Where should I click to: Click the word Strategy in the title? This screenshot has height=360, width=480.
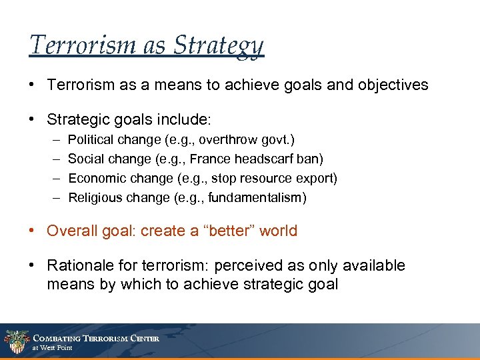(x=219, y=46)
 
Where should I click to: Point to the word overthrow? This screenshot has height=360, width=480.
(x=222, y=140)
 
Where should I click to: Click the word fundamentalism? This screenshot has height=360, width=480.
(x=263, y=197)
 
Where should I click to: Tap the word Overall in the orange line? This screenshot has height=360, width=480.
(x=69, y=231)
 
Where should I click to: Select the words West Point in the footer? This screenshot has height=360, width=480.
(x=57, y=348)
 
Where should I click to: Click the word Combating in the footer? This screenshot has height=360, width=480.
(x=59, y=338)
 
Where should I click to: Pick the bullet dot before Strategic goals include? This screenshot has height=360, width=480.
(x=33, y=120)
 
